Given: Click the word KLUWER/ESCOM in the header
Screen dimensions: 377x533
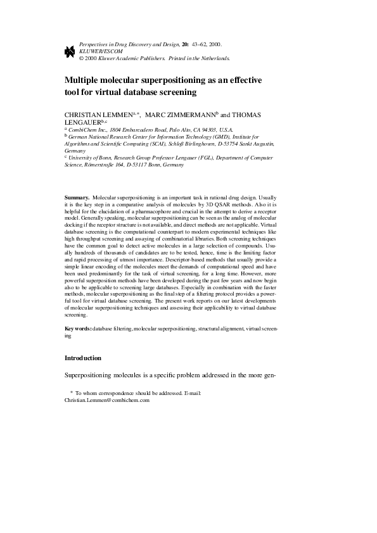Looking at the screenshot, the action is point(96,51).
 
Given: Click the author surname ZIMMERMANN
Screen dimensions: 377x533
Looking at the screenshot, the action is point(189,115).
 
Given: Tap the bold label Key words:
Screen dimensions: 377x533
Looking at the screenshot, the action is point(78,330).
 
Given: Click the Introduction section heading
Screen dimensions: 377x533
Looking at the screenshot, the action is point(83,358).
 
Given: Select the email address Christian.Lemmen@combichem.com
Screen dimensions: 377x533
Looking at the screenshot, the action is point(106,401).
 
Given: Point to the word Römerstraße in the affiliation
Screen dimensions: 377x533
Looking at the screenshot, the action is point(105,165).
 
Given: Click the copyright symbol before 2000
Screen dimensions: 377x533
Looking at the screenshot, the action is point(80,58).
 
